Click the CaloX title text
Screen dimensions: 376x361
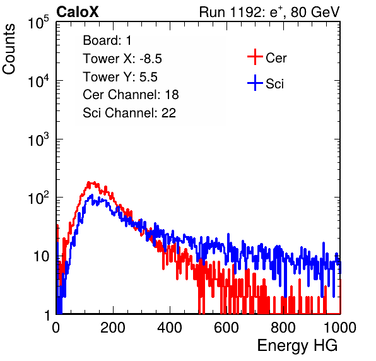pyautogui.click(x=78, y=12)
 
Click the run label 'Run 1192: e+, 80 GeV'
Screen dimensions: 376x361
pyautogui.click(x=269, y=12)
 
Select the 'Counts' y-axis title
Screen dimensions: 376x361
pyautogui.click(x=9, y=49)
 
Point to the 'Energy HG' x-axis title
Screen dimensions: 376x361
pyautogui.click(x=297, y=346)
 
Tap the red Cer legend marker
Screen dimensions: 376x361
pyautogui.click(x=255, y=57)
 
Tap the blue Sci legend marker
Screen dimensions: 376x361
pyautogui.click(x=255, y=83)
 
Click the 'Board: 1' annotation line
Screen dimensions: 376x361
pyautogui.click(x=107, y=40)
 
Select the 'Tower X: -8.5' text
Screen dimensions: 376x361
pyautogui.click(x=122, y=59)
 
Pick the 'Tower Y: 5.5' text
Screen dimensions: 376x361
pyautogui.click(x=120, y=77)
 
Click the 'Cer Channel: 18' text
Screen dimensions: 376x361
pyautogui.click(x=131, y=95)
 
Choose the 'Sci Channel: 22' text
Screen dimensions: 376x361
pyautogui.click(x=129, y=113)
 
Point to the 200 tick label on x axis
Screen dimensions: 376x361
pyautogui.click(x=113, y=328)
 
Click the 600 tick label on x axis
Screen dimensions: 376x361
pyautogui.click(x=226, y=328)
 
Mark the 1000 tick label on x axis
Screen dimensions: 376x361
pyautogui.click(x=340, y=328)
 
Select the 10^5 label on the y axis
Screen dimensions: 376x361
pyautogui.click(x=38, y=23)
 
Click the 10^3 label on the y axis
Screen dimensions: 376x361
pyautogui.click(x=38, y=139)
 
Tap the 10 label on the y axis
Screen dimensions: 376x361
pyautogui.click(x=41, y=256)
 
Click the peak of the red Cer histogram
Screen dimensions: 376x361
pyautogui.click(x=90, y=182)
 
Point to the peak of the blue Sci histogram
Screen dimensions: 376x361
pyautogui.click(x=91, y=195)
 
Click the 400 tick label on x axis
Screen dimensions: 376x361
pyautogui.click(x=170, y=328)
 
